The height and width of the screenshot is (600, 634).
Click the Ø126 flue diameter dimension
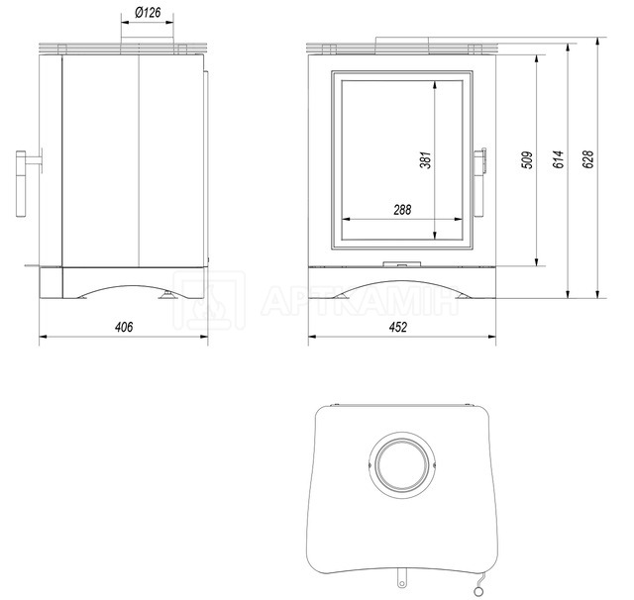click(148, 13)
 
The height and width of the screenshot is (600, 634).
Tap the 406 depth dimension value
click(124, 327)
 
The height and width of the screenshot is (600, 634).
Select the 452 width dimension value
click(398, 327)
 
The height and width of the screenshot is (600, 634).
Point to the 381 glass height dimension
click(425, 160)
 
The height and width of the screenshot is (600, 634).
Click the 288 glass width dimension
click(402, 210)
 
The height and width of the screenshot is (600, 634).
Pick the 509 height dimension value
click(527, 160)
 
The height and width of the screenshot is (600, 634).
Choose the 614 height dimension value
click(558, 159)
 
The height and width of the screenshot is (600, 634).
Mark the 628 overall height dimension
click(587, 159)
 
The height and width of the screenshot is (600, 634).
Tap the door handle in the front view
click(479, 182)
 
